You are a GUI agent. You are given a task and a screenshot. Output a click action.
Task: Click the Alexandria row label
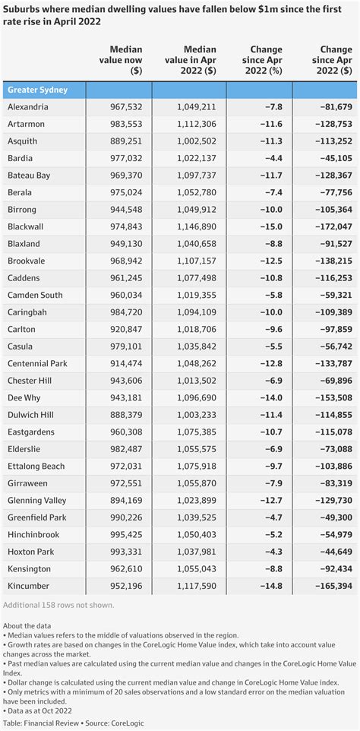[27, 108]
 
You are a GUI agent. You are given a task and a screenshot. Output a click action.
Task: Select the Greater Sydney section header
[37, 90]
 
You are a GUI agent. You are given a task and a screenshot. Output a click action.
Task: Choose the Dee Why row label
[26, 397]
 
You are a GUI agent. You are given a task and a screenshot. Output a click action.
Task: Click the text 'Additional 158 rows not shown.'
[58, 605]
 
